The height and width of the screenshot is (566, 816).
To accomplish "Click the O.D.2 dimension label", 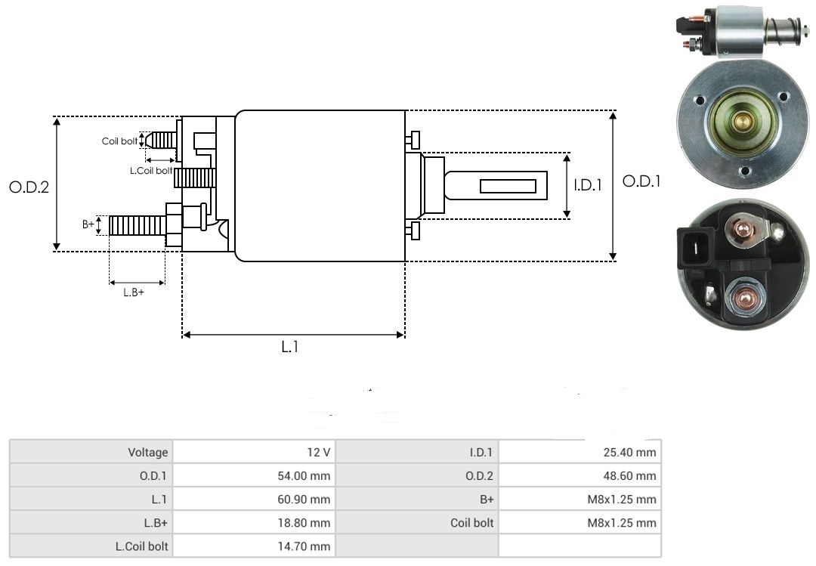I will pyautogui.click(x=29, y=187).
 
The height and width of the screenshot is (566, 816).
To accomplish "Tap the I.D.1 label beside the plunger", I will pyautogui.click(x=587, y=184).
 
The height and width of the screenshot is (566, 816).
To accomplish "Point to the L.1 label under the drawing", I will pyautogui.click(x=290, y=348).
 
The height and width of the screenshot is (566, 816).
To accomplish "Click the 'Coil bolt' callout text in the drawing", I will pyautogui.click(x=119, y=141).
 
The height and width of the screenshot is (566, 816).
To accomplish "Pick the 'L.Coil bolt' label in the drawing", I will pyautogui.click(x=150, y=172).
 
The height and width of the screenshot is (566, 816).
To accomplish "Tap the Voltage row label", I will pyautogui.click(x=147, y=453).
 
